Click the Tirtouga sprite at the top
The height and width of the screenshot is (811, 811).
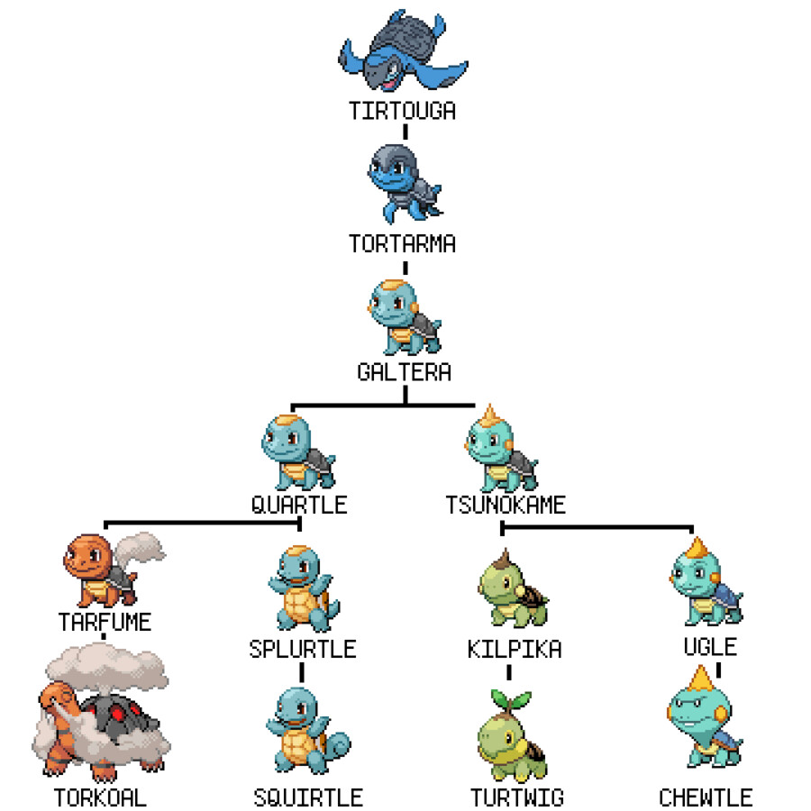click(403, 50)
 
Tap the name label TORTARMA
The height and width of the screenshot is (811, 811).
click(403, 243)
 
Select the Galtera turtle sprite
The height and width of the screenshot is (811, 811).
click(405, 317)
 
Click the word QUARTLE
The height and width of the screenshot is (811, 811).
click(299, 505)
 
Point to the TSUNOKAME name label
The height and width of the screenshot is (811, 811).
click(506, 505)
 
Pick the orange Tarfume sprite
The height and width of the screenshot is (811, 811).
click(114, 570)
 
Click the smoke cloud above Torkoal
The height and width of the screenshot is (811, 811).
click(107, 666)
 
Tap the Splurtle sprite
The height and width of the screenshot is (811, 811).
click(304, 588)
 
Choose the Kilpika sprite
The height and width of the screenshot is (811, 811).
click(512, 588)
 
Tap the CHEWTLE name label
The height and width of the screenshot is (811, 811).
click(706, 797)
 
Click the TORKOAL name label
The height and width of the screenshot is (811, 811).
click(100, 797)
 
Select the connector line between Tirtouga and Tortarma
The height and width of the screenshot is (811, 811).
click(405, 132)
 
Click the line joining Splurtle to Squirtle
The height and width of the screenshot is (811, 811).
click(302, 672)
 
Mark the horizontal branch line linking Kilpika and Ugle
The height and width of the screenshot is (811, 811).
click(597, 527)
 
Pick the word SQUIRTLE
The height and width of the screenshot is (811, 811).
click(308, 797)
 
